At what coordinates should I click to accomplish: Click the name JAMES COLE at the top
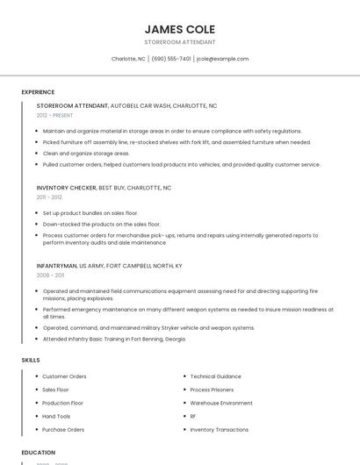click(180, 29)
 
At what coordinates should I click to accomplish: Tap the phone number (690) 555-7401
click(171, 59)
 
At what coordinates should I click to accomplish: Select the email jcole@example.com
click(223, 59)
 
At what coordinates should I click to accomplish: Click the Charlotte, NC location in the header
click(128, 59)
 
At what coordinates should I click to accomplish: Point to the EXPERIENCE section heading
click(38, 92)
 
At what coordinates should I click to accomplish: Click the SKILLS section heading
click(31, 360)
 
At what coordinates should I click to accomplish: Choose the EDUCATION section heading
click(39, 453)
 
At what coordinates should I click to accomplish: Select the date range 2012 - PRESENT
click(54, 115)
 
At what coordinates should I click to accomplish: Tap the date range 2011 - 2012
click(49, 197)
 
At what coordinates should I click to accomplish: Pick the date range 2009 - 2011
click(50, 275)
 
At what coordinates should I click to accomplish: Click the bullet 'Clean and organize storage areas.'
click(86, 153)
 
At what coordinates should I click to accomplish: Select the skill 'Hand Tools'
click(56, 416)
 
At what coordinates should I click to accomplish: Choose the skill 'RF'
click(193, 416)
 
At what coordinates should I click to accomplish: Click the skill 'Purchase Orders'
click(63, 430)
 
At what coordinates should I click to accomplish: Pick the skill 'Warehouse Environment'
click(221, 403)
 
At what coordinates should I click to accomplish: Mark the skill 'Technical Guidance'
click(215, 376)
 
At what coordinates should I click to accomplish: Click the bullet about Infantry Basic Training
click(114, 339)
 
